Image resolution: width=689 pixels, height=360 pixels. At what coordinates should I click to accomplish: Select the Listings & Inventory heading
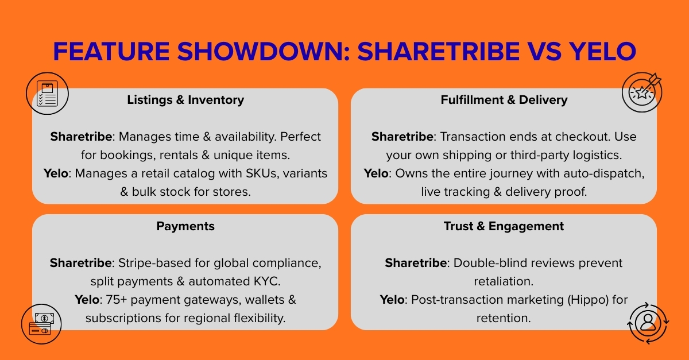coord(185,100)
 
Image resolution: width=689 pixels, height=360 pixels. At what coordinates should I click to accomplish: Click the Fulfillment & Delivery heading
coord(504,100)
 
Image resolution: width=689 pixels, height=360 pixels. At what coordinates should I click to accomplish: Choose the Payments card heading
coord(185,226)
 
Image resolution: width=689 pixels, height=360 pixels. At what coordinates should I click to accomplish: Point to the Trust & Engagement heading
coord(504,226)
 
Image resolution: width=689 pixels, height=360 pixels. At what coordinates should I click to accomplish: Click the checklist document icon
coord(48,93)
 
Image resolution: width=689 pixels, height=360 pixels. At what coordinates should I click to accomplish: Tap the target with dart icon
coord(642,92)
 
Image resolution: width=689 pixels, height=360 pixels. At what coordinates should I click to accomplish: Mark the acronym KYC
coord(267,281)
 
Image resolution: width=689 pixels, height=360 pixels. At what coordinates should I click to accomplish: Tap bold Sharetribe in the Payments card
coord(81,263)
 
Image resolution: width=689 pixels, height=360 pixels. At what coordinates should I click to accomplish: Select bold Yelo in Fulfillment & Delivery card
coord(376,173)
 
